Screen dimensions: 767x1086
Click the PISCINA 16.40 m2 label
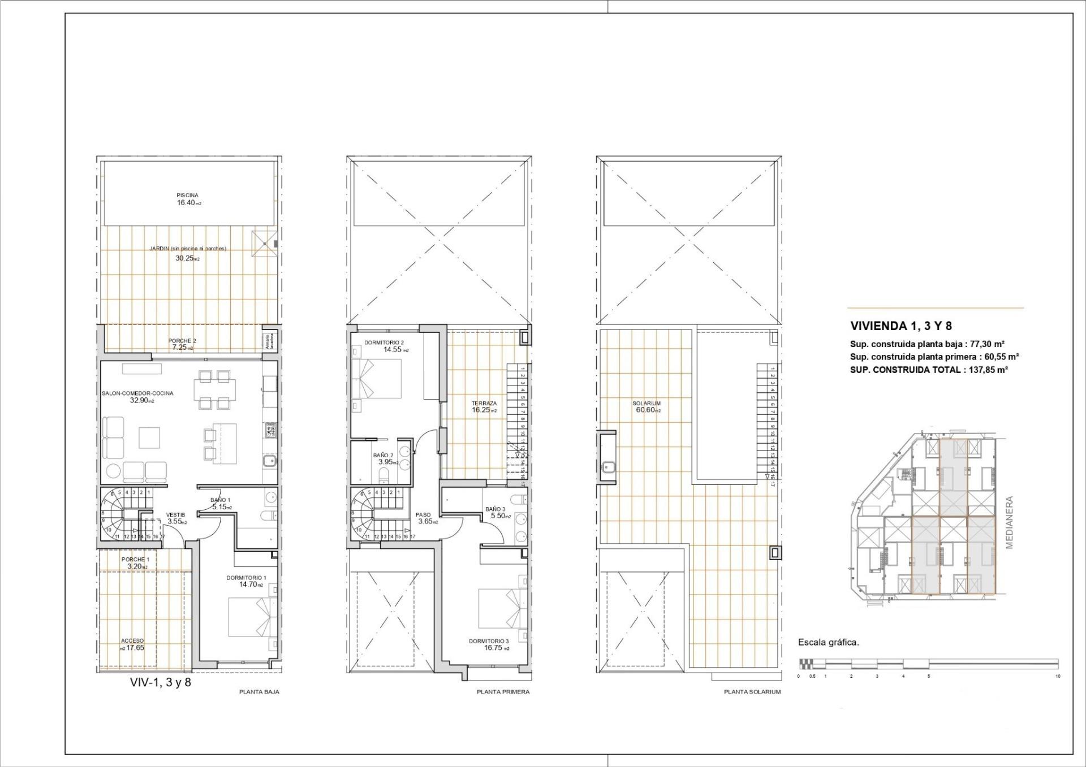click(187, 199)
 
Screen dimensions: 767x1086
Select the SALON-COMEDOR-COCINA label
click(137, 393)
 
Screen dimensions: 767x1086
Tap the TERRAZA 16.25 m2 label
click(484, 407)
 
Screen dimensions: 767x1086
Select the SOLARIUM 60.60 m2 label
click(647, 407)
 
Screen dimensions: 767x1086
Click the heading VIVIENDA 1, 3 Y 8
click(901, 326)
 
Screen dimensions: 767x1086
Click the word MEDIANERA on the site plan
click(1010, 522)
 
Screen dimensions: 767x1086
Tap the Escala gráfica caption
click(828, 642)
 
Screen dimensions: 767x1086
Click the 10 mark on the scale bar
click(1058, 676)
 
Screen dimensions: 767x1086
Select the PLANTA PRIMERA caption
click(503, 692)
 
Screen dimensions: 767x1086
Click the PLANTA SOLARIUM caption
click(752, 692)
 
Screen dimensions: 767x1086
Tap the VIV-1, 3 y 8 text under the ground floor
click(160, 682)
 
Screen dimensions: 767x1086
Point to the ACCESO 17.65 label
click(133, 644)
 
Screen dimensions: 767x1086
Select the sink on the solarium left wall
click(609, 467)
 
